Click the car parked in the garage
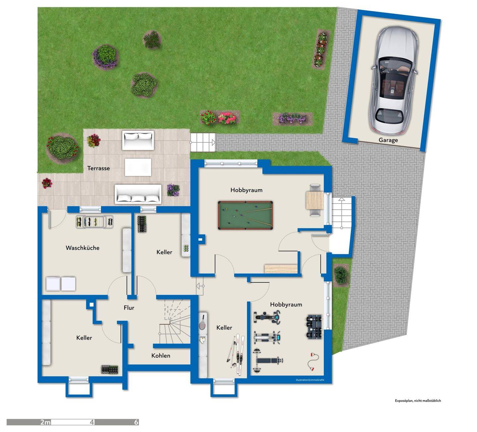tap(394, 80)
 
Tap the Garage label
tap(388, 140)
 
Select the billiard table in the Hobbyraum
tap(245, 215)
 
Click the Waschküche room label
tap(82, 248)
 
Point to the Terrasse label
tap(98, 168)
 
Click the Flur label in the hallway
tap(129, 308)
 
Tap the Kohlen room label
tap(161, 356)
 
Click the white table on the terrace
tap(138, 168)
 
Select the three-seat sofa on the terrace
tap(138, 194)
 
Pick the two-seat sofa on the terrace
tap(138, 140)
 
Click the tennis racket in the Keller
tap(202, 322)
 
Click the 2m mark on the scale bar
tap(45, 422)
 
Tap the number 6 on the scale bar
tap(136, 422)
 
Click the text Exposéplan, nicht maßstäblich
tap(418, 401)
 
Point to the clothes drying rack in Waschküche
tap(95, 222)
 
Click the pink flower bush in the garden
tap(227, 118)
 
